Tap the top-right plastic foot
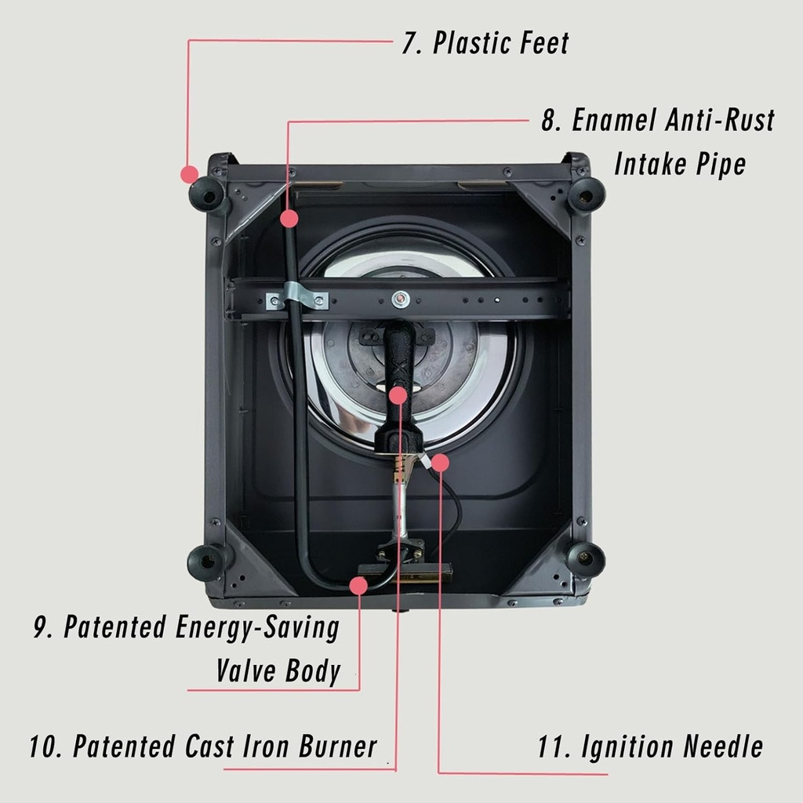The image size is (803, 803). (x=586, y=193)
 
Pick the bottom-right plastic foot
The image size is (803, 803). (x=586, y=558)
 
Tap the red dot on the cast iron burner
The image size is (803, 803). (x=399, y=394)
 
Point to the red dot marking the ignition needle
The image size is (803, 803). (x=440, y=463)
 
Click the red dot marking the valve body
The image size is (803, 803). (x=359, y=585)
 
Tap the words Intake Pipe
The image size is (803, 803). (x=679, y=165)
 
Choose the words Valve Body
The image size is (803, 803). (x=278, y=671)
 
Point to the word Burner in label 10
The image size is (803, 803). (x=337, y=747)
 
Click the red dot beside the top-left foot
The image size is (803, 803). (x=188, y=173)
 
